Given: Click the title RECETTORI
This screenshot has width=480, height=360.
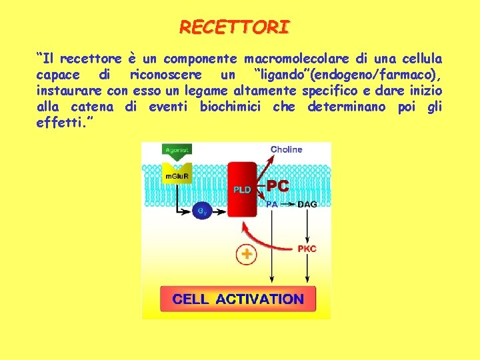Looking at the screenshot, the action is (x=235, y=27).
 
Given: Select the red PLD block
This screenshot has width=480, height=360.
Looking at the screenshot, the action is (x=243, y=189).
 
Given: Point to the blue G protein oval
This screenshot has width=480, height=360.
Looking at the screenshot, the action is (x=202, y=211).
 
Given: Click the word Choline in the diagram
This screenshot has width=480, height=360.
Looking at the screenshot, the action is (x=286, y=149).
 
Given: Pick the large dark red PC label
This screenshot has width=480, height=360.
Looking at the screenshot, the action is (x=279, y=185).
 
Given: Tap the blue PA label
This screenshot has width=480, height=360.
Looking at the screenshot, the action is (x=272, y=204).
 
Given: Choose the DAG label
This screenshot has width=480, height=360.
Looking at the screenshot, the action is (x=307, y=204).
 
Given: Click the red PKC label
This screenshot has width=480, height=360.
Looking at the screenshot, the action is (x=307, y=249).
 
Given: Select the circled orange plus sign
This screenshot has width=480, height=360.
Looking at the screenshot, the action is (x=247, y=254).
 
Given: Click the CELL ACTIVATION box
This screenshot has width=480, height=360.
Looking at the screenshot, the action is (x=237, y=299).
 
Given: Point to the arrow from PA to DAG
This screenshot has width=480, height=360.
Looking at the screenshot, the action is (x=287, y=204).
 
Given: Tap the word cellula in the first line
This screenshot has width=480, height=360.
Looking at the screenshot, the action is (x=421, y=59).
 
